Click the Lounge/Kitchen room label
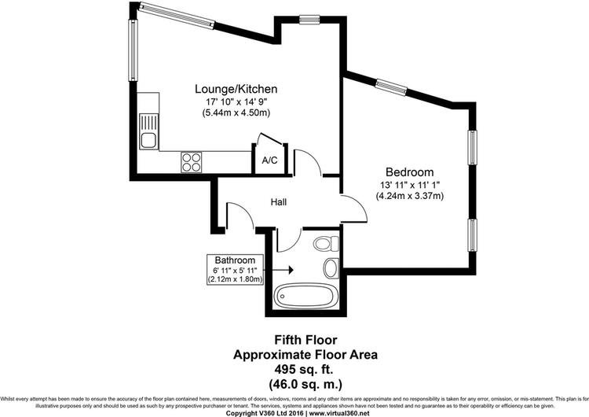[x=236, y=89]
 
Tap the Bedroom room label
[x=409, y=172]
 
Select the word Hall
[x=279, y=202]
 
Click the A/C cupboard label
[x=269, y=161]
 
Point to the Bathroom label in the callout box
[x=235, y=260]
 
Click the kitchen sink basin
[x=149, y=140]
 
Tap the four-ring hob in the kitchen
[x=191, y=162]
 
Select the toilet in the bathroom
[x=326, y=244]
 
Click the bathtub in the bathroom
[x=304, y=296]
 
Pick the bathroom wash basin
[x=331, y=268]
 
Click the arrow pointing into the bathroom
[x=278, y=269]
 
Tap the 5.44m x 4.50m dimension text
[x=236, y=113]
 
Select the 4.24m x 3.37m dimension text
[x=409, y=196]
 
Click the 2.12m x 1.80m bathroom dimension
[x=235, y=279]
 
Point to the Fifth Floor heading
[x=305, y=340]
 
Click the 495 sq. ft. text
[x=304, y=370]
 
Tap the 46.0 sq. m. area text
[x=305, y=385]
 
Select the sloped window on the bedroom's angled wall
[x=391, y=87]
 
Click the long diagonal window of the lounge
[x=176, y=16]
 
